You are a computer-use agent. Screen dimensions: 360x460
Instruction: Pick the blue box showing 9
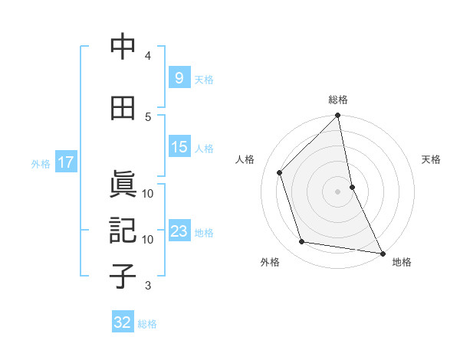[179, 77]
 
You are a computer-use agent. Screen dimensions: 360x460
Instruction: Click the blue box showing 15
[179, 147]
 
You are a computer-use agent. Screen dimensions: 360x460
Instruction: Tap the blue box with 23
[179, 231]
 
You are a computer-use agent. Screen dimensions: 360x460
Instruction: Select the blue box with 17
[66, 162]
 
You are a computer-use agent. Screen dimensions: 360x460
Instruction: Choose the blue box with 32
[123, 322]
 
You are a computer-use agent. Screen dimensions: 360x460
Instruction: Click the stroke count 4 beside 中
[148, 56]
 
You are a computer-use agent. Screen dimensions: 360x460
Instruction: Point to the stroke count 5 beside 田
[148, 116]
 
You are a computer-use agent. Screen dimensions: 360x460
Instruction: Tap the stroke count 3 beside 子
[148, 286]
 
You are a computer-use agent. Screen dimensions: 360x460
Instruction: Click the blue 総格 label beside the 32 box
[148, 324]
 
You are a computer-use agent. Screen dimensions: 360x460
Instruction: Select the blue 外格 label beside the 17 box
[41, 163]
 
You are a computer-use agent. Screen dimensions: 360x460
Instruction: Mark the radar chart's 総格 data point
[338, 116]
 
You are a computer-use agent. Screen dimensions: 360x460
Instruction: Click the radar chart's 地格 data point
[381, 253]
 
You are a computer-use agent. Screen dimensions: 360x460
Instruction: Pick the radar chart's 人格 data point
[280, 172]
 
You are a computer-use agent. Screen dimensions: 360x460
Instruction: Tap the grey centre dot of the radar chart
[337, 191]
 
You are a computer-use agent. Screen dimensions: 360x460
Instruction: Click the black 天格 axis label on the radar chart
[432, 159]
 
